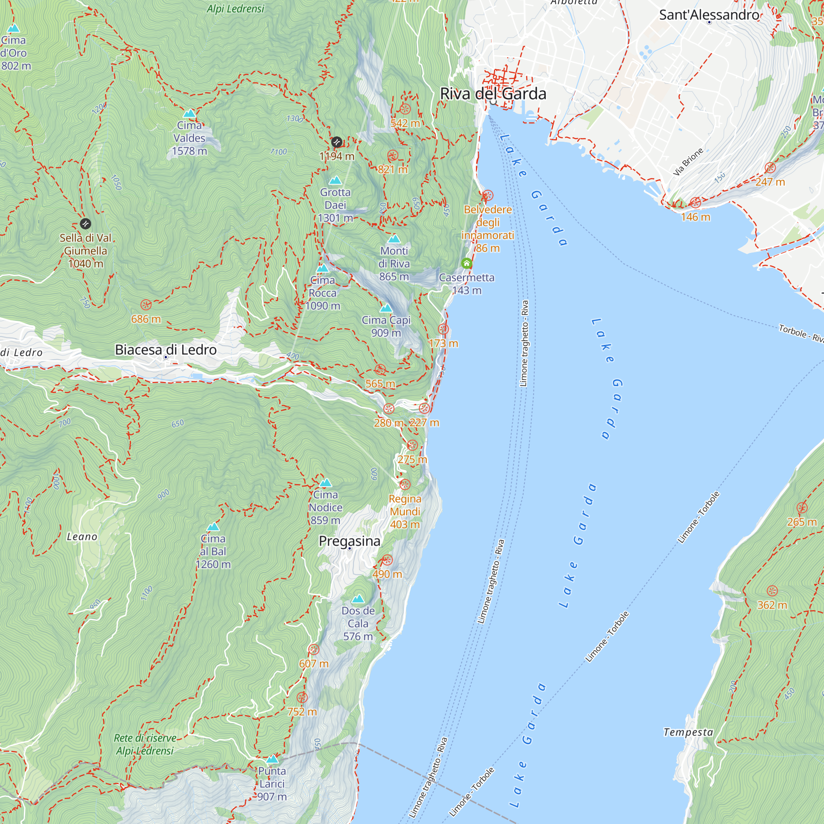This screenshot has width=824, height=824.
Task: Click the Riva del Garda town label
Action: coord(493,94)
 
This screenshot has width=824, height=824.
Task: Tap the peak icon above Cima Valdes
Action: coord(190,113)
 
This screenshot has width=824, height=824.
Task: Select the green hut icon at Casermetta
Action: coord(467,264)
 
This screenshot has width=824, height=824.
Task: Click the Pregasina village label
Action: coord(349,541)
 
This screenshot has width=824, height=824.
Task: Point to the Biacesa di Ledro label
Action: coord(166,350)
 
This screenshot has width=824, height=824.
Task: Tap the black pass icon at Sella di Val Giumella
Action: coord(85,223)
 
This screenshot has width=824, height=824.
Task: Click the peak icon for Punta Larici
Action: coord(272,759)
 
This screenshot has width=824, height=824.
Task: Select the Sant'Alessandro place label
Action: coord(709,15)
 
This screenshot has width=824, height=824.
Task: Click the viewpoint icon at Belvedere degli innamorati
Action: coord(487,196)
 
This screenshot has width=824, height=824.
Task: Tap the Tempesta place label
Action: coord(688,732)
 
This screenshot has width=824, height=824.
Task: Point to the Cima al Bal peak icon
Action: coord(213,527)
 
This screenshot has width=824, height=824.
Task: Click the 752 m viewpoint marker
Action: coord(302,698)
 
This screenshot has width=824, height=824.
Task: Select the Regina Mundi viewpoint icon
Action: coord(405,485)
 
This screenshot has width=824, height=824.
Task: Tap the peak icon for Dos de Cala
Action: coord(358,599)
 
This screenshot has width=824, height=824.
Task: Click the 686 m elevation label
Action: coord(146,319)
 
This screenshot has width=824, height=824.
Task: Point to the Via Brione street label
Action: coord(688,162)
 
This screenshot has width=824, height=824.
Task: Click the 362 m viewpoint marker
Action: coord(772,591)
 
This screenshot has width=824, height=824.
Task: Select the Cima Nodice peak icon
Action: coord(325,483)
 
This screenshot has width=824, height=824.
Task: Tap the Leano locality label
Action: coord(82,536)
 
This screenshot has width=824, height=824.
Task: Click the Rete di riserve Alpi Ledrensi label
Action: coord(145,744)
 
